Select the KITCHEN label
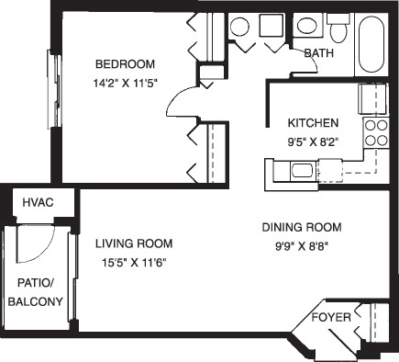(314, 123)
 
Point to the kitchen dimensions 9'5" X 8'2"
(314, 141)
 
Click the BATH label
(318, 53)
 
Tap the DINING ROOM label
(302, 227)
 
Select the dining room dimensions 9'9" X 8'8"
(302, 244)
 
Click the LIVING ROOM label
(134, 243)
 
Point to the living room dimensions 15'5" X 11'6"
(134, 262)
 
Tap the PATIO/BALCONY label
(36, 292)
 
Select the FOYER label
(331, 318)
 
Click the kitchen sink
(300, 169)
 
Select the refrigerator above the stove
(375, 97)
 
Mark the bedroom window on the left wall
(54, 79)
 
